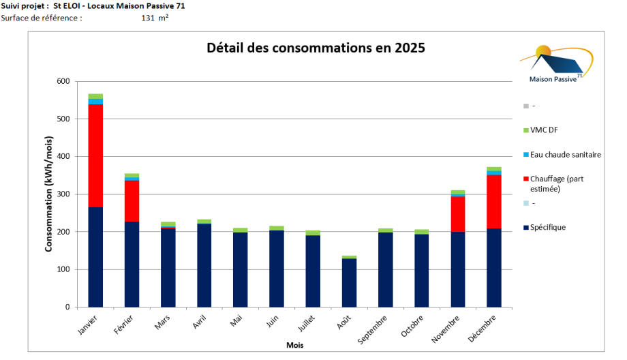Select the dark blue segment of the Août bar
pos(348,282)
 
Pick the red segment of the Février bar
pos(132,201)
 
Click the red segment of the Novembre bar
pos(457,214)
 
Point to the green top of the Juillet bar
pos(312,233)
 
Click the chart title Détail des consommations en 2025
pos(316,48)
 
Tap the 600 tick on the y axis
pos(63,81)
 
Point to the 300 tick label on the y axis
pos(63,194)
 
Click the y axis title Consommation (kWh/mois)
pos(49,194)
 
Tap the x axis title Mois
pos(294,346)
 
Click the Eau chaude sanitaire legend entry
pos(566,155)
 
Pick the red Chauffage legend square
pos(525,179)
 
